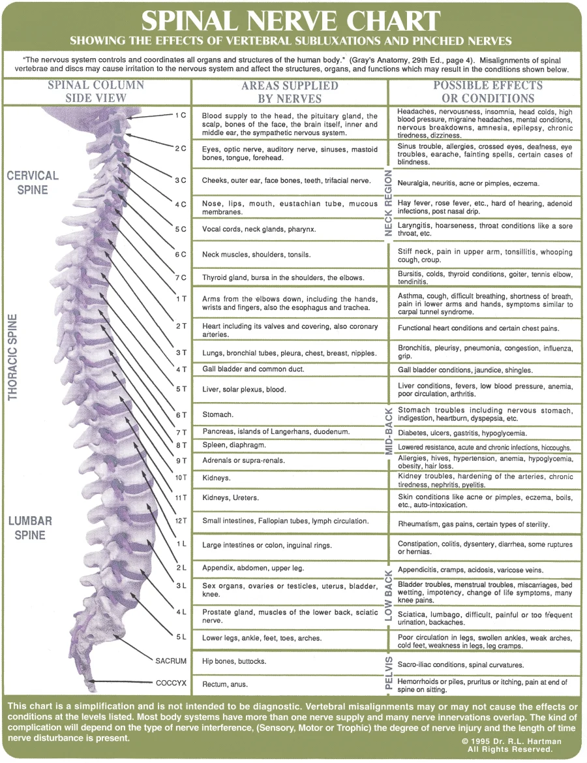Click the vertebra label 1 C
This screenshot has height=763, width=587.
pos(180,115)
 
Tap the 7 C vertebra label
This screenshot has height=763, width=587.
pos(180,277)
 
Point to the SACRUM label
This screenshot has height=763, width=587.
pos(171,661)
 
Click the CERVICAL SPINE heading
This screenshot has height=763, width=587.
pos(33,182)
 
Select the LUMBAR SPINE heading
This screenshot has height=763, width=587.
pos(30,528)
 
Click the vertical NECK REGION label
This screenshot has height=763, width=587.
pos(389,203)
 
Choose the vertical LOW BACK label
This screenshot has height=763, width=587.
pos(389,595)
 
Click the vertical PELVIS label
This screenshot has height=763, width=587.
pos(389,673)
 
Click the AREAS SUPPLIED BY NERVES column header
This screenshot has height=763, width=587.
pos(290,92)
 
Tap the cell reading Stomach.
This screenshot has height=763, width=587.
pos(218,414)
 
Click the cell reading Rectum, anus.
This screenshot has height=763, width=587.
pos(225,684)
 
